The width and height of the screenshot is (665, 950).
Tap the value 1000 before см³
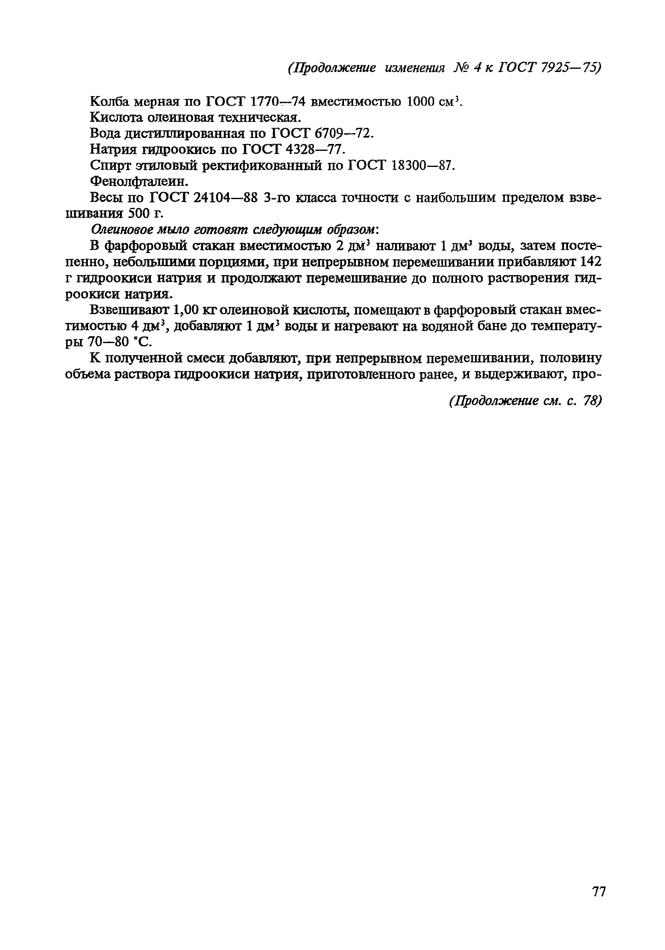(421, 101)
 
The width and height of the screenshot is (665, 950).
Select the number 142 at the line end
(591, 261)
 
